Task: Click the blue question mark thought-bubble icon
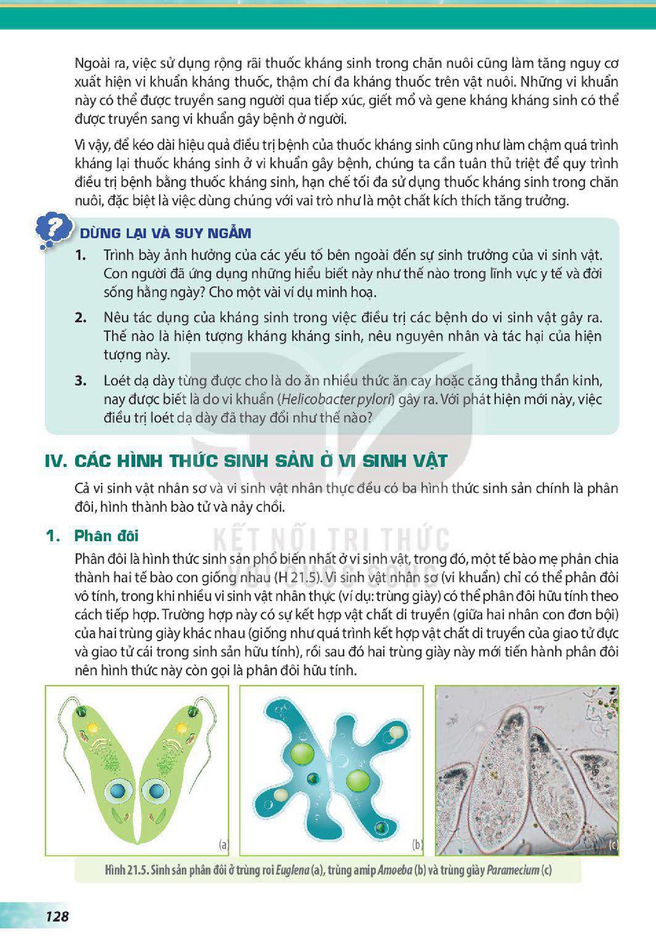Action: coord(53,231)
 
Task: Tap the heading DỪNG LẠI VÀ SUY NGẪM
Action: coord(165,233)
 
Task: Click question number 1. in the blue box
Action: coord(81,255)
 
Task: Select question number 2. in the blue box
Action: coord(81,317)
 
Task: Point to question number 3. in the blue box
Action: coord(81,381)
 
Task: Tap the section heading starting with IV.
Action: coord(247,461)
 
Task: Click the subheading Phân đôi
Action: coord(106,536)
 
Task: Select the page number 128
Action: coord(57,917)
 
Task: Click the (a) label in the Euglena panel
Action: coord(224,844)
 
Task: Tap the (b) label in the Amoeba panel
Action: coord(418,844)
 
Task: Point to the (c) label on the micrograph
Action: coord(614,844)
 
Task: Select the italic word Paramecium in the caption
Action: coord(512,870)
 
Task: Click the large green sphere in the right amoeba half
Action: coord(358,779)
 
